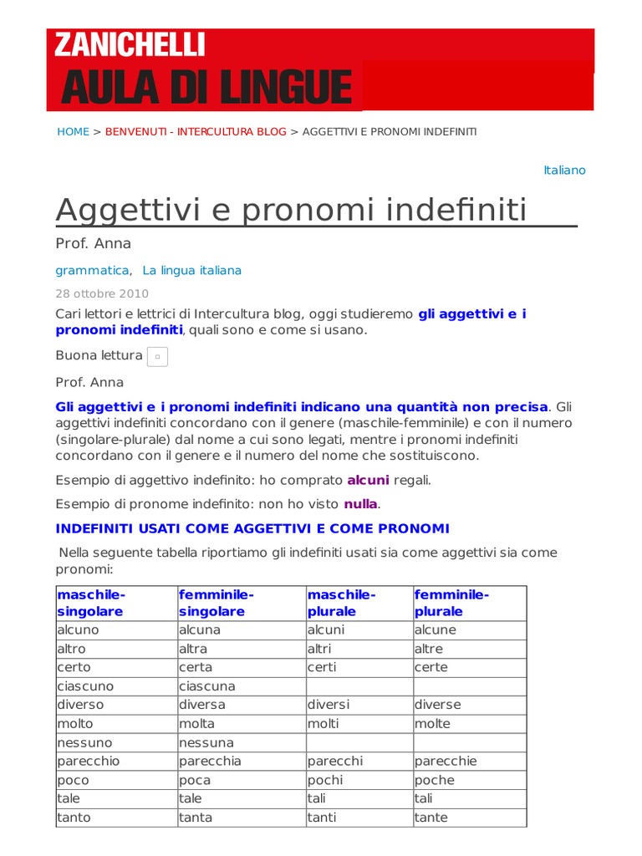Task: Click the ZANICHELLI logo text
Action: [x=130, y=45]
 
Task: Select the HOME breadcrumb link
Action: [x=73, y=132]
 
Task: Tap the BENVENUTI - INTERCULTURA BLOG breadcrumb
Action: [x=196, y=132]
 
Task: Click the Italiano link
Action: [x=564, y=171]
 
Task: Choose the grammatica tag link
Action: [x=92, y=271]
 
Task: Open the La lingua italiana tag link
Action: [x=191, y=271]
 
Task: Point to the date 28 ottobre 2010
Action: [x=102, y=293]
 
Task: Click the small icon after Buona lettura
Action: [x=157, y=357]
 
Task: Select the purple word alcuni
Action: [x=369, y=481]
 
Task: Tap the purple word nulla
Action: [x=360, y=504]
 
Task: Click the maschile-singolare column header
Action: [x=91, y=603]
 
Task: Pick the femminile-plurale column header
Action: [x=451, y=603]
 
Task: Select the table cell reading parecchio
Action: [x=89, y=762]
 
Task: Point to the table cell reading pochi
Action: [x=325, y=780]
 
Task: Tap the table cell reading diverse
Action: [x=437, y=705]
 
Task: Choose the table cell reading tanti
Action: [x=322, y=818]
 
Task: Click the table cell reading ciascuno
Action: [x=85, y=686]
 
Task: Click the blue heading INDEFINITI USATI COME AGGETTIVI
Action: [x=252, y=529]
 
